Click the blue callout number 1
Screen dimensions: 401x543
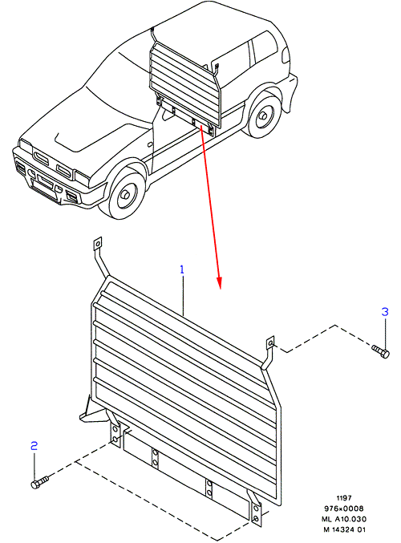[x=182, y=269]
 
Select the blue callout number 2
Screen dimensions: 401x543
[x=34, y=446]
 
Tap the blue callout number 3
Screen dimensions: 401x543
[x=385, y=312]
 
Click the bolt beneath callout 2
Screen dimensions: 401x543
[x=39, y=482]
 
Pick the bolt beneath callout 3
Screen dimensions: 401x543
[x=381, y=351]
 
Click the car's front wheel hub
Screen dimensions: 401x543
[x=124, y=195]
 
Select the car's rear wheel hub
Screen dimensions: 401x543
[x=263, y=116]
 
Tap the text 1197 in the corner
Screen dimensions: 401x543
[x=343, y=498]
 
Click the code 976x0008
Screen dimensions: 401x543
[x=344, y=509]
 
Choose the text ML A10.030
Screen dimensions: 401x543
[x=344, y=519]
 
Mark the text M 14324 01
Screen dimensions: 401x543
[x=344, y=529]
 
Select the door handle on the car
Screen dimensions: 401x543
[x=150, y=144]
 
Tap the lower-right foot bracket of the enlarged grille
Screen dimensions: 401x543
[x=256, y=508]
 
